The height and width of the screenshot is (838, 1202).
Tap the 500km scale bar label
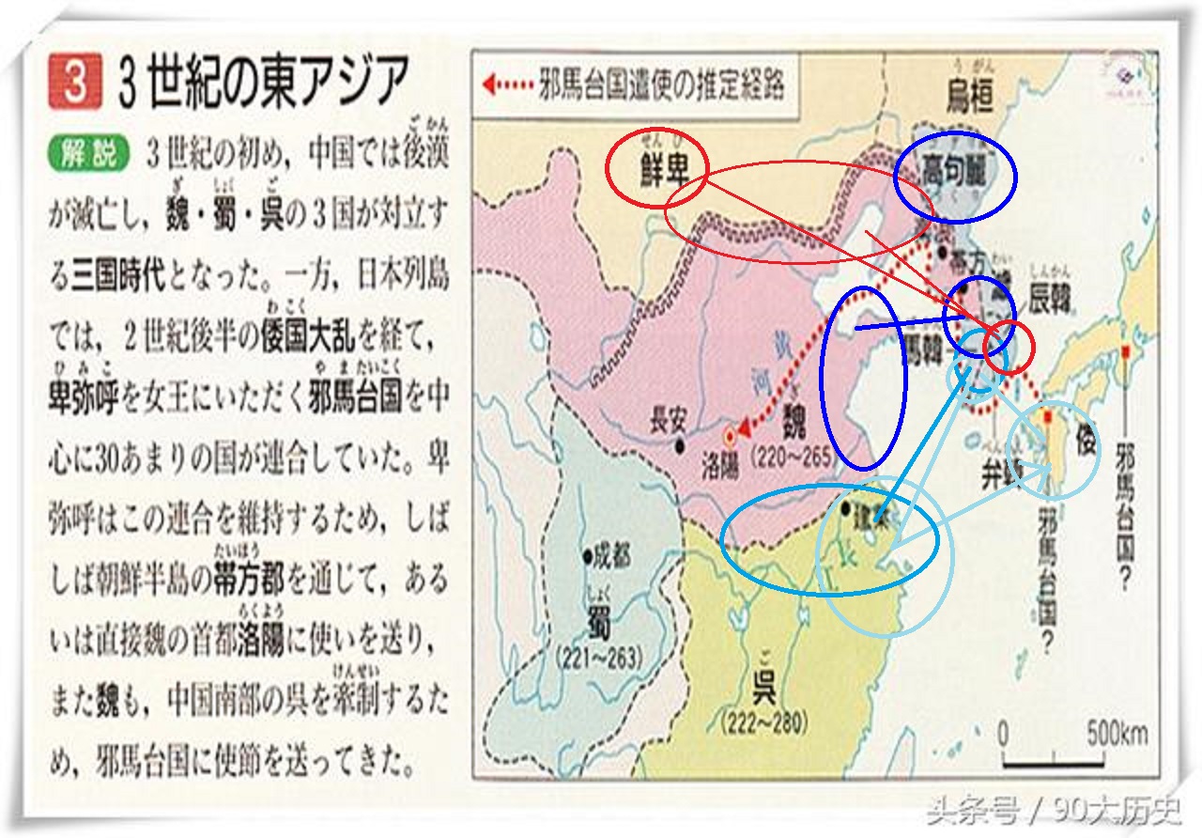point(1118,733)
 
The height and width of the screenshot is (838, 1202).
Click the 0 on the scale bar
point(1004,732)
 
